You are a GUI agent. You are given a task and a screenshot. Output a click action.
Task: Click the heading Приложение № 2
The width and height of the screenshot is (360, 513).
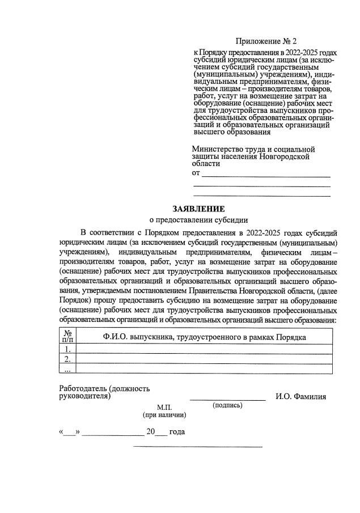265,41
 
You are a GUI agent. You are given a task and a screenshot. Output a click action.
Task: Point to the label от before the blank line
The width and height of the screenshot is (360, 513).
197,172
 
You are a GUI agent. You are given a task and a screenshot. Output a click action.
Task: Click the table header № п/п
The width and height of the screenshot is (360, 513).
67,336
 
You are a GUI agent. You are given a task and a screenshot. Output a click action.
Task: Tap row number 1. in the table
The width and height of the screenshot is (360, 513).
67,349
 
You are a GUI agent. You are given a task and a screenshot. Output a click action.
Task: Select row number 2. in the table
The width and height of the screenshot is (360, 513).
67,359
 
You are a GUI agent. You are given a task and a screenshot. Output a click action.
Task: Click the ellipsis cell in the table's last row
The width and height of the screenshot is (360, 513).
67,369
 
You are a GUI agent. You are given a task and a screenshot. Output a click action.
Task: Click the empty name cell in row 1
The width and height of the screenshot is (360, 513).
204,349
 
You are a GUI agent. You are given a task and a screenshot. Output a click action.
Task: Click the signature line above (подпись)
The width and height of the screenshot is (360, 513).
227,400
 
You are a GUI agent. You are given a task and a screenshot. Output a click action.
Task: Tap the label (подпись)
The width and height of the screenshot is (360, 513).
227,405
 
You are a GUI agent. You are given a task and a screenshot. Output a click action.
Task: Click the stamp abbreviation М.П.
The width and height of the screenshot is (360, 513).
164,408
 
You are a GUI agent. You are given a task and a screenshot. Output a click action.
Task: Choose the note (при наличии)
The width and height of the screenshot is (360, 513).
164,415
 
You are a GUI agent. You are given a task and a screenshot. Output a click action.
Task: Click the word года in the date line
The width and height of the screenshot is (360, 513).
177,432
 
